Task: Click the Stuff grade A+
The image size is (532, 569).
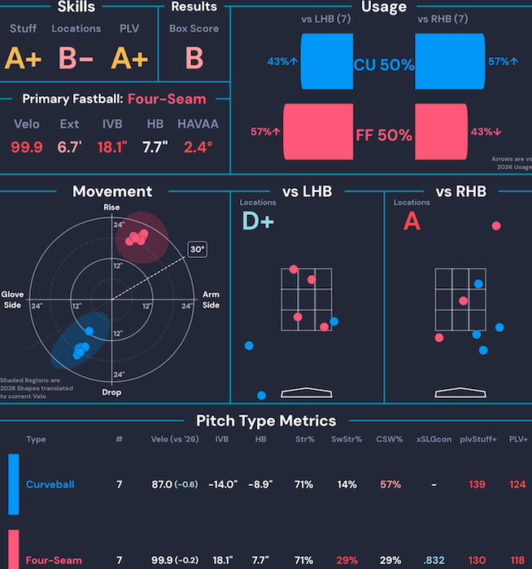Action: [23, 58]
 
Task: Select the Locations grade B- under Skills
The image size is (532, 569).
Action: [76, 58]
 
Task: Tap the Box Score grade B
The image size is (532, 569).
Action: [194, 58]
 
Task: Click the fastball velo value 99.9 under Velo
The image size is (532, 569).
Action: [27, 147]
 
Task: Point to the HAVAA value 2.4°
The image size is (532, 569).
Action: [198, 147]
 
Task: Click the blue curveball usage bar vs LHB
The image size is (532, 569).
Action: [327, 61]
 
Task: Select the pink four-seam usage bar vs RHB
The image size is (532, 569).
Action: [442, 132]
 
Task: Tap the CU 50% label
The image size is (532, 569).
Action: [384, 65]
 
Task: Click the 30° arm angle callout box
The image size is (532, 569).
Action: [198, 250]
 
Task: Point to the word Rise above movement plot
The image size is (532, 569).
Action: [111, 208]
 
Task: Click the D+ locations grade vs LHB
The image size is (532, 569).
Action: [258, 221]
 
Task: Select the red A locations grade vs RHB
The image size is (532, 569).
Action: [412, 221]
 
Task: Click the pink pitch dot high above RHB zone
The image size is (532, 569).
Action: [496, 225]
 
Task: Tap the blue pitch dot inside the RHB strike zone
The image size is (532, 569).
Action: [478, 284]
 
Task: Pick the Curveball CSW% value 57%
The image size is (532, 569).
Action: [390, 484]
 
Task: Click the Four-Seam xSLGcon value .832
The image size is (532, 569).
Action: [434, 560]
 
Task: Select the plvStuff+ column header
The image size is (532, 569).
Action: [478, 439]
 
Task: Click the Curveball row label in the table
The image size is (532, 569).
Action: [50, 484]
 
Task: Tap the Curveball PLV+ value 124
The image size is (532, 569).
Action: [517, 484]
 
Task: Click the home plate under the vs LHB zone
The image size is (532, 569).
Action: [307, 392]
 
